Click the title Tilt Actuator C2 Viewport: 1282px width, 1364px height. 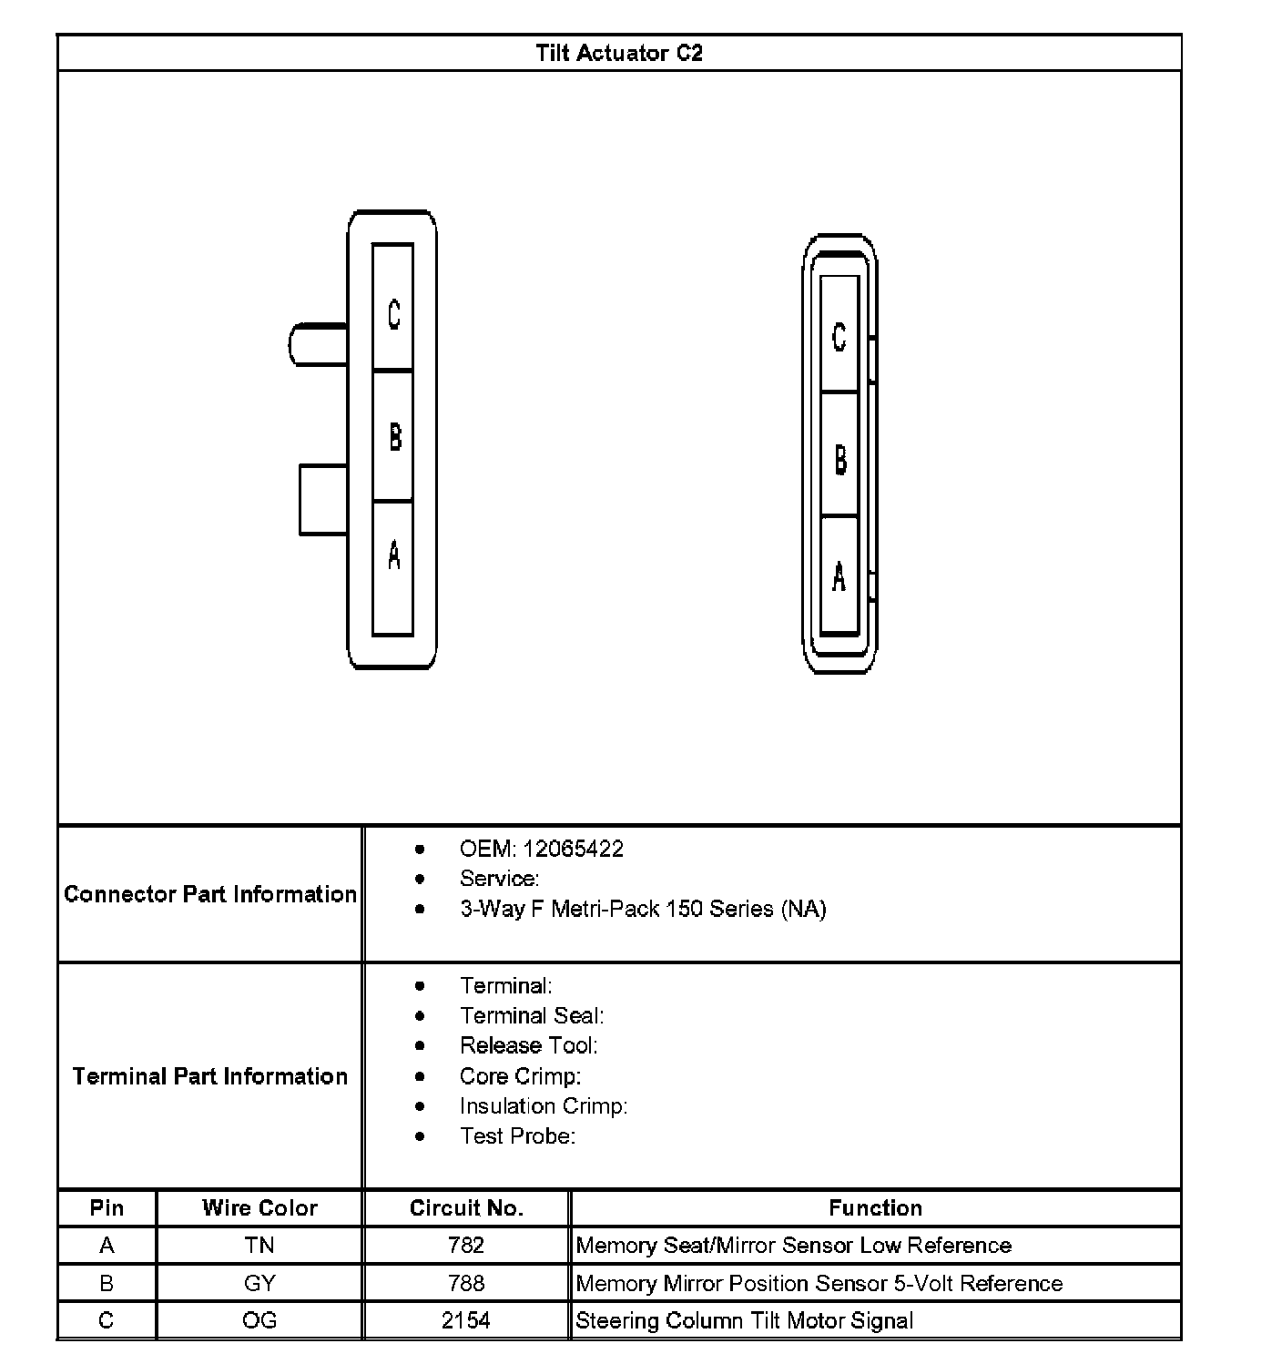click(619, 53)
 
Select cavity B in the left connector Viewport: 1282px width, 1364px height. click(393, 435)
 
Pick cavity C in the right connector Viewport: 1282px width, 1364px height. click(839, 334)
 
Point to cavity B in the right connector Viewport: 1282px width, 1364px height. click(839, 454)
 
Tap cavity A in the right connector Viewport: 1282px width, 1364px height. click(839, 575)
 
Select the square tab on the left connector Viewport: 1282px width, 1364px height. click(323, 500)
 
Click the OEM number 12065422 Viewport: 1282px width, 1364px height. click(573, 849)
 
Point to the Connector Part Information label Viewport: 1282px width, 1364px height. click(210, 894)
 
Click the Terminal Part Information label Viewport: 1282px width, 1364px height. click(210, 1076)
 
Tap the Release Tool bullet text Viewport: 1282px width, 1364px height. click(528, 1045)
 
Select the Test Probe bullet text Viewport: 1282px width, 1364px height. click(517, 1135)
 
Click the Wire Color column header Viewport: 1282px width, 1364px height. click(259, 1208)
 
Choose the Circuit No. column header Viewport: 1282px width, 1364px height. click(466, 1208)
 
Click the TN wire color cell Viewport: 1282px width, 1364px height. click(259, 1246)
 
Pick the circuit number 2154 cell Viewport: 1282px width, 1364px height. click(466, 1320)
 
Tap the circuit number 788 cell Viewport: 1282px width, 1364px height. click(466, 1283)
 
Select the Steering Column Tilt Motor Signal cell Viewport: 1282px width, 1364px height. click(744, 1320)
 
